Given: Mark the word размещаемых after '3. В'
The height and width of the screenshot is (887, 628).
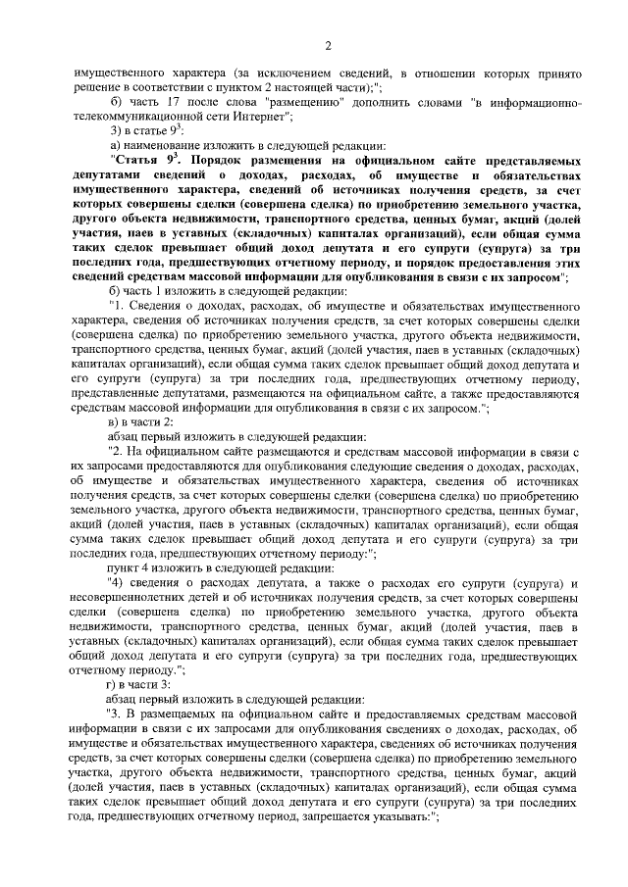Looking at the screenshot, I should [x=180, y=714].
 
